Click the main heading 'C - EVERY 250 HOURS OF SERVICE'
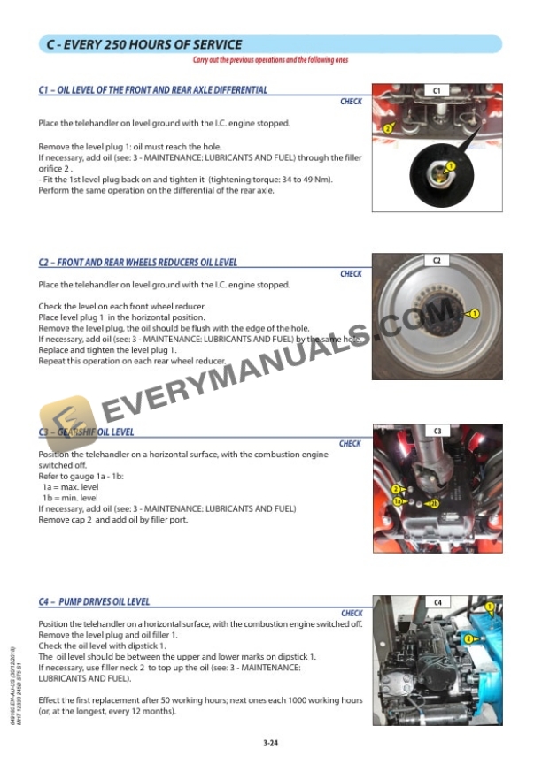pyautogui.click(x=144, y=44)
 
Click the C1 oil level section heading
pyautogui.click(x=153, y=90)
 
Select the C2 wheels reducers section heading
pyautogui.click(x=138, y=263)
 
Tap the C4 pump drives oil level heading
pyautogui.click(x=94, y=602)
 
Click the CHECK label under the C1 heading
pyautogui.click(x=351, y=102)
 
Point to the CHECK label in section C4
pyautogui.click(x=351, y=613)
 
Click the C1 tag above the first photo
pyautogui.click(x=437, y=90)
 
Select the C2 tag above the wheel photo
pyautogui.click(x=437, y=261)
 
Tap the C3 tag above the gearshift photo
pyautogui.click(x=437, y=431)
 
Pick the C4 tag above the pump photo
pyautogui.click(x=437, y=602)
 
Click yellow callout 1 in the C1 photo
pyautogui.click(x=451, y=165)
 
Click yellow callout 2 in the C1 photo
pyautogui.click(x=387, y=129)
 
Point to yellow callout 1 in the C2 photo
pyautogui.click(x=475, y=313)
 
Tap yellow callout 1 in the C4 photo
pyautogui.click(x=490, y=607)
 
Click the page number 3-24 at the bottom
pyautogui.click(x=271, y=743)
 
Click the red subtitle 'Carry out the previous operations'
pyautogui.click(x=271, y=60)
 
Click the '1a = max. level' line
pyautogui.click(x=71, y=487)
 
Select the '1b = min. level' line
pyautogui.click(x=70, y=498)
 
